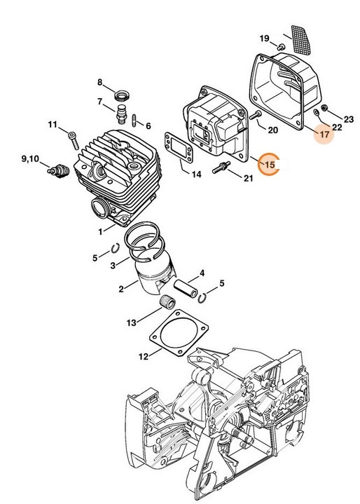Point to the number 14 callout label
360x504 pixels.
(197, 174)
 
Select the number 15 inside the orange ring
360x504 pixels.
(270, 164)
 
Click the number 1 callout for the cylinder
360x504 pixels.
(102, 230)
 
